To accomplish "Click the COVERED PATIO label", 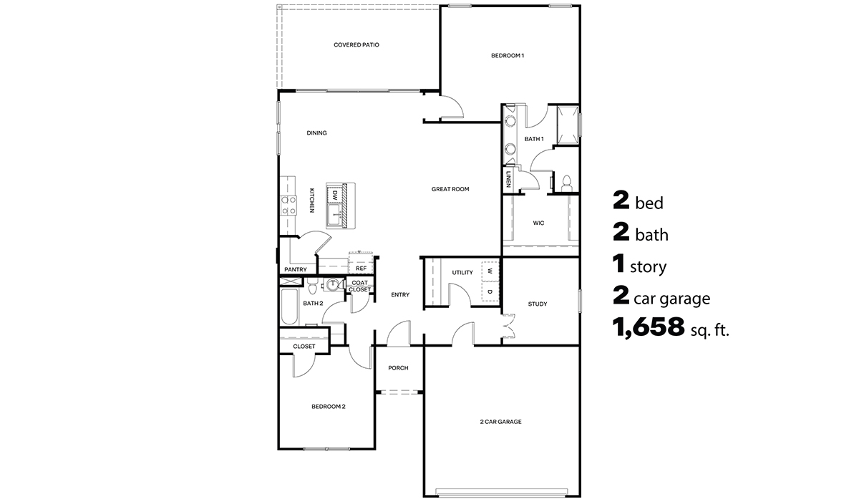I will (x=356, y=44).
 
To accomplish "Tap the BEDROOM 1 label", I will (x=508, y=55).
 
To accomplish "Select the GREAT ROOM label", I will (x=450, y=189).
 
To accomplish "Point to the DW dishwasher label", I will (x=334, y=194).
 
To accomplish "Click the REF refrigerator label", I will (x=361, y=269).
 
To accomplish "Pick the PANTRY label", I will (x=295, y=270).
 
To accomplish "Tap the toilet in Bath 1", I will (x=566, y=183).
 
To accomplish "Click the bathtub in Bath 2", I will (x=289, y=307).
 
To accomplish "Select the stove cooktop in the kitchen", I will (x=288, y=206).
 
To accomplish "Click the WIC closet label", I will (x=538, y=223).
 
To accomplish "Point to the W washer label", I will (x=490, y=272).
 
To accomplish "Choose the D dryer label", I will (x=490, y=291).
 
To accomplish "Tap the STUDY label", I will (x=538, y=304).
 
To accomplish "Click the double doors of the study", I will (x=509, y=327).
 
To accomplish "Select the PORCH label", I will (x=398, y=368).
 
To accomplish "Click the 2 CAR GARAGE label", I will (x=500, y=422).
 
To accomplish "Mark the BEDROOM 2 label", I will (x=329, y=407).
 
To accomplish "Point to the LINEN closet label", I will (x=508, y=179).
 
